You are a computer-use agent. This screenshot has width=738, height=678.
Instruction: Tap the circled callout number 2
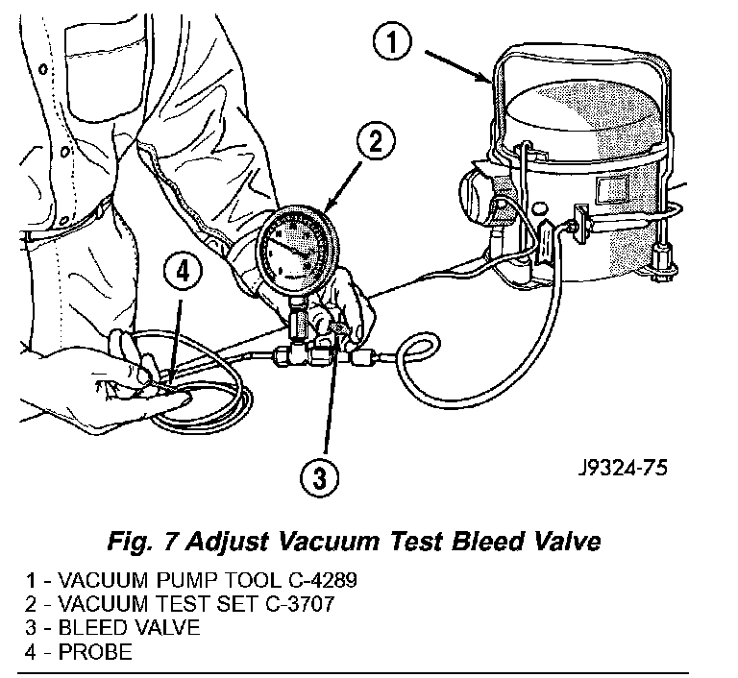(x=376, y=141)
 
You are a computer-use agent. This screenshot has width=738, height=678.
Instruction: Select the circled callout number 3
(x=319, y=478)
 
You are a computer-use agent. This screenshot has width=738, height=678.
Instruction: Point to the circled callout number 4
(x=183, y=272)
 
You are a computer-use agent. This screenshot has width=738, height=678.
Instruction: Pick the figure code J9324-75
(x=623, y=468)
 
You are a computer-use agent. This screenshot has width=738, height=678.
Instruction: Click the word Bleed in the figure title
(x=485, y=542)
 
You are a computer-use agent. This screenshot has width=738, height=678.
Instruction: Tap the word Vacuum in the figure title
(x=329, y=542)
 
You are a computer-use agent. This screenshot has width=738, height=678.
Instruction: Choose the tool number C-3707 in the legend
(x=300, y=604)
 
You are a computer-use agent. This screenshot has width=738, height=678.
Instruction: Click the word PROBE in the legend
(x=95, y=652)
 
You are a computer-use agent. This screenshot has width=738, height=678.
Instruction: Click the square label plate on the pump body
(x=612, y=188)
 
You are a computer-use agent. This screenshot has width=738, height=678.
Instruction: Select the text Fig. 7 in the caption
(x=142, y=542)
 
